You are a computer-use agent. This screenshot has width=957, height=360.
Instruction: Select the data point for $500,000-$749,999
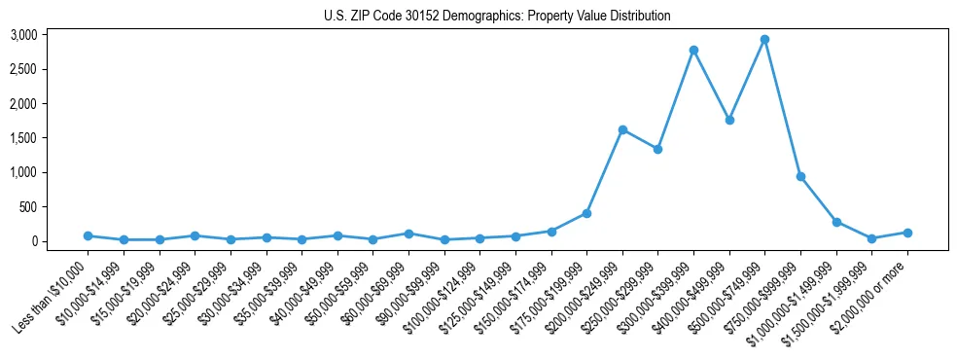[x=764, y=40]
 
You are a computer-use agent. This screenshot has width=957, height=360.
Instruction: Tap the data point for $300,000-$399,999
[x=693, y=50]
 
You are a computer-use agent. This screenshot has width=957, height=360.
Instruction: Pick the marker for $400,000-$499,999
[x=729, y=120]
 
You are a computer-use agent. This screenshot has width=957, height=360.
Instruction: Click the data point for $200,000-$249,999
[x=622, y=129]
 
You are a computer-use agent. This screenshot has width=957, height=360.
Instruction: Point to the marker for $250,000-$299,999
[x=657, y=149]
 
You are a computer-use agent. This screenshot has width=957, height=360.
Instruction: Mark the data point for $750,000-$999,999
[x=800, y=176]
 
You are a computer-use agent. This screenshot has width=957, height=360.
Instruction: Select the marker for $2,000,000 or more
[x=907, y=233]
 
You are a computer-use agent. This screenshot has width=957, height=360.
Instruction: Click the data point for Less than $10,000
[x=88, y=235]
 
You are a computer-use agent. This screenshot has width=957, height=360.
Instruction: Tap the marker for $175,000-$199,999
[x=586, y=213]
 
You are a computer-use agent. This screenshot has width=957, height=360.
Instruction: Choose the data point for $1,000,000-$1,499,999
[x=836, y=222]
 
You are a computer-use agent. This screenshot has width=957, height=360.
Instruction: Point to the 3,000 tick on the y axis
[x=23, y=35]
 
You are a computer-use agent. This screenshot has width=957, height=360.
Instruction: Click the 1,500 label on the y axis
[x=23, y=138]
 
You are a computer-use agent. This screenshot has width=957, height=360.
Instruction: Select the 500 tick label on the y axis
[x=28, y=207]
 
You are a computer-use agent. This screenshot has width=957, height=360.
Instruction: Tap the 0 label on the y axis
[x=33, y=241]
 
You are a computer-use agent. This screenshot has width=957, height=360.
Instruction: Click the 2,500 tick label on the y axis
[x=23, y=69]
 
